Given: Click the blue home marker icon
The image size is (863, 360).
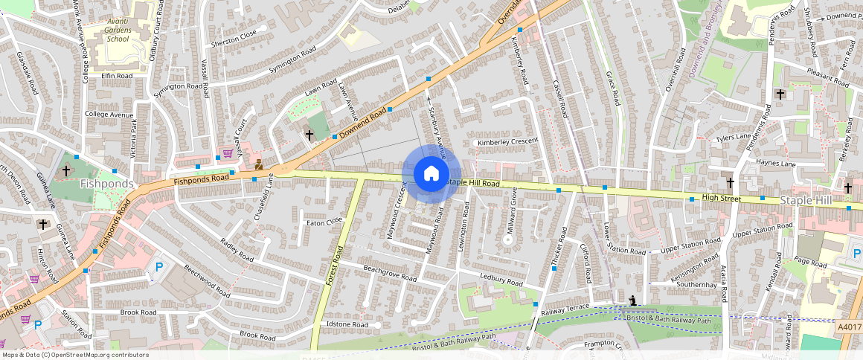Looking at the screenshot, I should point(431,174).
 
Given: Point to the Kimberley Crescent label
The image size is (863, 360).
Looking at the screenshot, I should point(507,142).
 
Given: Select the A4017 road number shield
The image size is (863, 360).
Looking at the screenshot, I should point(848,326).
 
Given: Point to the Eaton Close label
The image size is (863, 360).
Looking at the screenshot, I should point(324,222).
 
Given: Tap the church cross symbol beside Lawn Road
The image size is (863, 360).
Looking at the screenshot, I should point(309,135).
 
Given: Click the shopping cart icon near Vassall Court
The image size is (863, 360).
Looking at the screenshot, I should point(226,155).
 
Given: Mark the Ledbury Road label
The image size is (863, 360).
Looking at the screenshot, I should point(502,280).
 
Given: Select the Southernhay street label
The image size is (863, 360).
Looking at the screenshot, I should point(696,284).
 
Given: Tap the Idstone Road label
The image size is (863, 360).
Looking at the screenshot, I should point(347,325).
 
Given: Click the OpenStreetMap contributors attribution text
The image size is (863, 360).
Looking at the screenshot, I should point(74,355).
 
